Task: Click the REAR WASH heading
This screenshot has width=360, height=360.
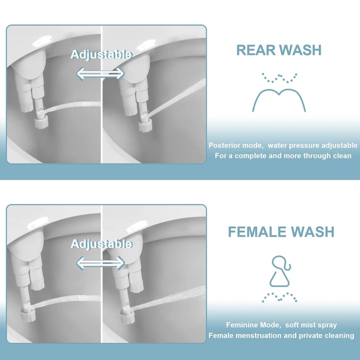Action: point(279,50)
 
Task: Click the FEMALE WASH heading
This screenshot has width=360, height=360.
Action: point(281,232)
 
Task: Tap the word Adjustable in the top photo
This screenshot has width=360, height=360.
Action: point(101,54)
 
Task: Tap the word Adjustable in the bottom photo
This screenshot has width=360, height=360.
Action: point(101,244)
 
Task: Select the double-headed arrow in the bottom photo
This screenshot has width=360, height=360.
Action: point(100,262)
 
